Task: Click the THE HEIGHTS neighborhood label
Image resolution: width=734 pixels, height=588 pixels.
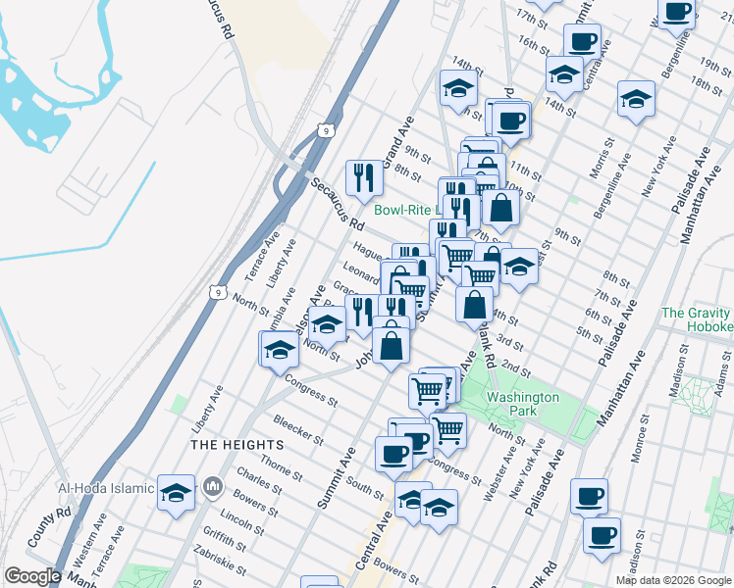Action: [x=236, y=444]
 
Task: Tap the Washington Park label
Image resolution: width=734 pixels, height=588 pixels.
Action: [x=523, y=404]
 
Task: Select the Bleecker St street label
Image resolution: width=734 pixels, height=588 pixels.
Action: [x=272, y=429]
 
